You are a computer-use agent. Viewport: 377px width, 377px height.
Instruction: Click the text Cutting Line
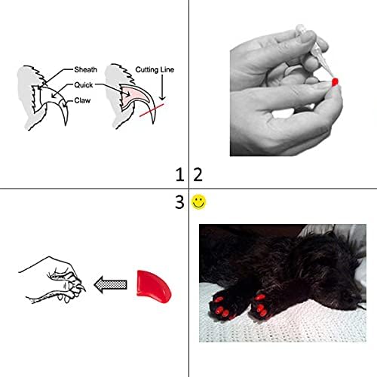pos(156,70)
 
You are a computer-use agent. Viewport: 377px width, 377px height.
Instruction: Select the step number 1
pos(179,176)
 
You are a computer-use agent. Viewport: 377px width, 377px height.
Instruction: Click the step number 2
pos(198,176)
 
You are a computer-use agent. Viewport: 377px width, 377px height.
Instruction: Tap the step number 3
pos(179,202)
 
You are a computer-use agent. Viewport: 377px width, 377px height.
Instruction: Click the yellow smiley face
pos(198,202)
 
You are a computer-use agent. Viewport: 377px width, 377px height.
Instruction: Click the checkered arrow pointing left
pos(109,284)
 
